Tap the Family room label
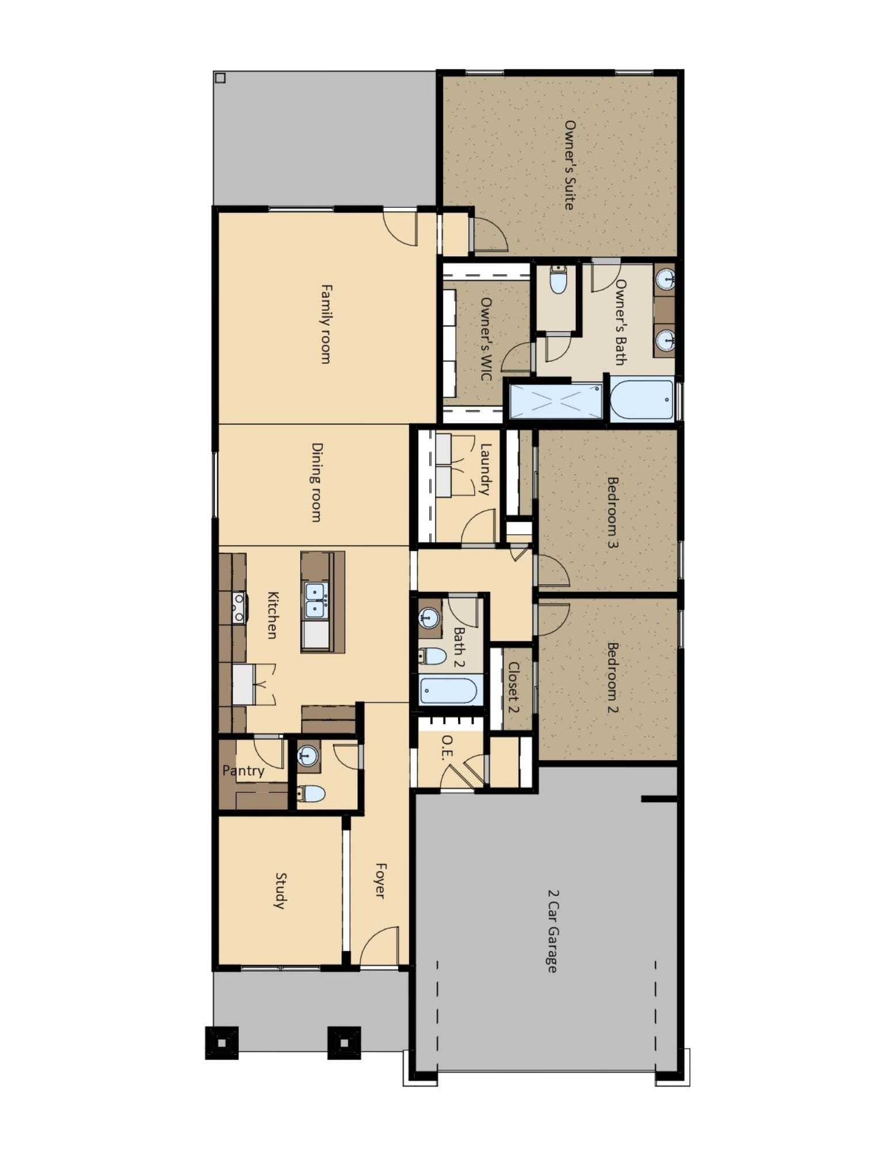(x=326, y=324)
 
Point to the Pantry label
(x=243, y=770)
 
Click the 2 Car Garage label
(x=552, y=931)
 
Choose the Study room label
(x=280, y=891)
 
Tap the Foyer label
(x=380, y=880)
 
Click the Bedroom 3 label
(x=613, y=512)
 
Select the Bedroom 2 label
(x=613, y=678)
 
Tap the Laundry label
(x=486, y=469)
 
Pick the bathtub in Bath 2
(x=448, y=690)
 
